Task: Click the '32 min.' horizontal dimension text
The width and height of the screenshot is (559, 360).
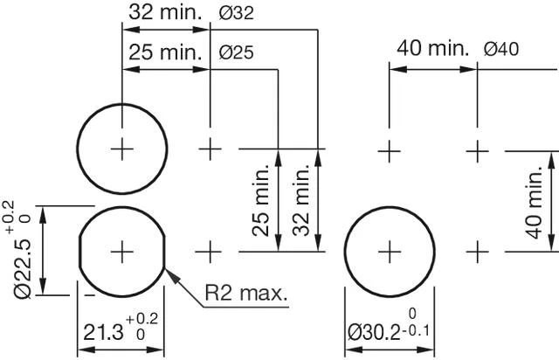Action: click(164, 13)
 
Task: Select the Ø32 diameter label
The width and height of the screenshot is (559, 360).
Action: click(237, 14)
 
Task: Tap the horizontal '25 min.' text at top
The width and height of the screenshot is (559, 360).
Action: click(164, 52)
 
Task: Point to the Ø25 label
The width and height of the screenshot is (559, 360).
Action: click(237, 53)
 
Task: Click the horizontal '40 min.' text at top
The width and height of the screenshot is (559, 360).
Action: click(433, 48)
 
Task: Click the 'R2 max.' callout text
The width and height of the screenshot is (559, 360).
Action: click(245, 292)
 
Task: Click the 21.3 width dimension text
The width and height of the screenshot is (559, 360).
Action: click(104, 333)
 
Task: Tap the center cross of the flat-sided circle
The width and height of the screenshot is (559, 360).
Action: click(121, 252)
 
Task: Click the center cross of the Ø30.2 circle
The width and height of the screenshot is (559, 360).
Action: click(389, 252)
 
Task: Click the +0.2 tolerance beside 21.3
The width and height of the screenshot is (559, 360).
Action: click(142, 319)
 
